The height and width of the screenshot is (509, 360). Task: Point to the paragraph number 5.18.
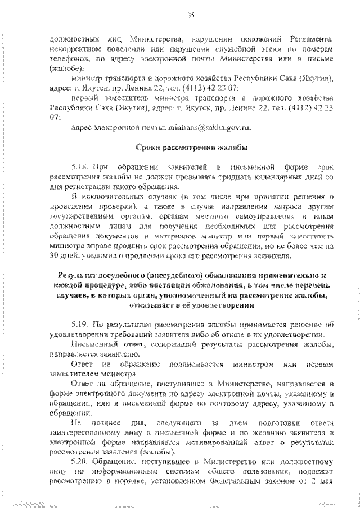[81, 168]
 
